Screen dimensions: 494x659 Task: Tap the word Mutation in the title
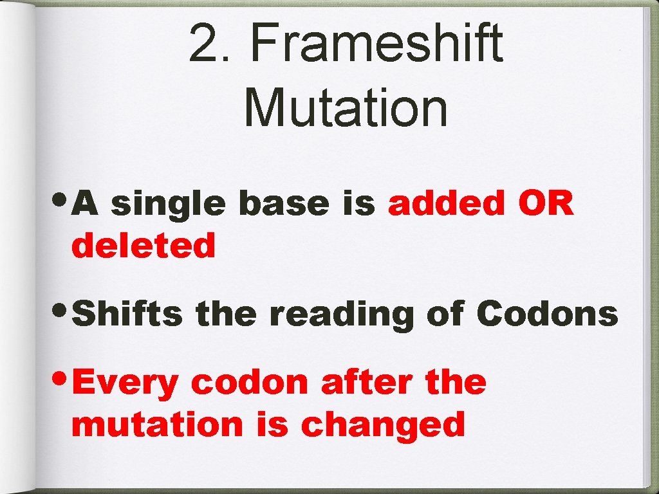(x=346, y=107)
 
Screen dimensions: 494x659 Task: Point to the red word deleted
(x=143, y=246)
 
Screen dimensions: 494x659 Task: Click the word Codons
(x=546, y=315)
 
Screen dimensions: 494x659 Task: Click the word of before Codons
(x=445, y=315)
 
